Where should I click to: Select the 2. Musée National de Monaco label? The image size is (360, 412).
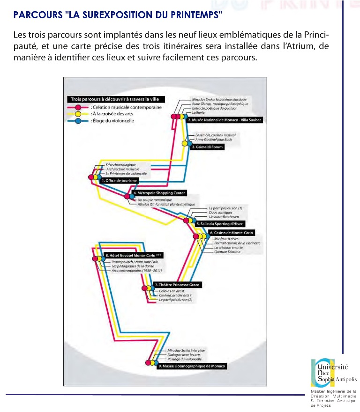point(224,120)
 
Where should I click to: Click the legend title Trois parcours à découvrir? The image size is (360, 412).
point(108,99)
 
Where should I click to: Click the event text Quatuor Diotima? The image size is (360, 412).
point(227,252)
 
